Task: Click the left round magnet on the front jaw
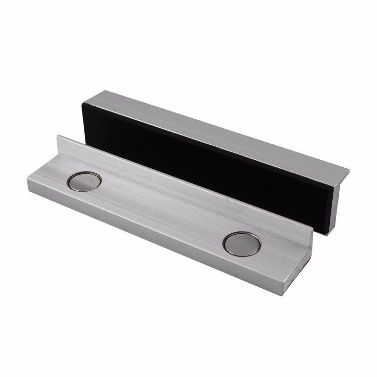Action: click(85, 181)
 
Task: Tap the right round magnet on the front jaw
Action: click(241, 244)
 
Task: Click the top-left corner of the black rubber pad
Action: click(83, 102)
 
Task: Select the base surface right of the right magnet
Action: click(278, 259)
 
